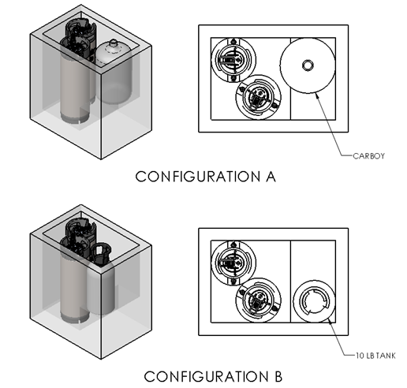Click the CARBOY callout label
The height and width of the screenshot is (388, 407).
click(x=368, y=156)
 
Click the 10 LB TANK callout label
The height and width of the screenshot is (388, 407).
click(x=375, y=356)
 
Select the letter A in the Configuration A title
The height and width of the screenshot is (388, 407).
click(x=271, y=177)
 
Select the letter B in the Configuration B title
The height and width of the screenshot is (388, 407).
click(x=278, y=376)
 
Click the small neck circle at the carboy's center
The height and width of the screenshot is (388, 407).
click(x=308, y=65)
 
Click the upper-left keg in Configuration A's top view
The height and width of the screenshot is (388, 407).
click(x=233, y=60)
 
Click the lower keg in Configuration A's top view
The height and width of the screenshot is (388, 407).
click(x=258, y=97)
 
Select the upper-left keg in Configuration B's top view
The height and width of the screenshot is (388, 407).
click(x=233, y=263)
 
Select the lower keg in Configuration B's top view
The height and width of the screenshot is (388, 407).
click(x=258, y=300)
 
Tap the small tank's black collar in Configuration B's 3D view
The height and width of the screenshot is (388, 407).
click(x=100, y=254)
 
